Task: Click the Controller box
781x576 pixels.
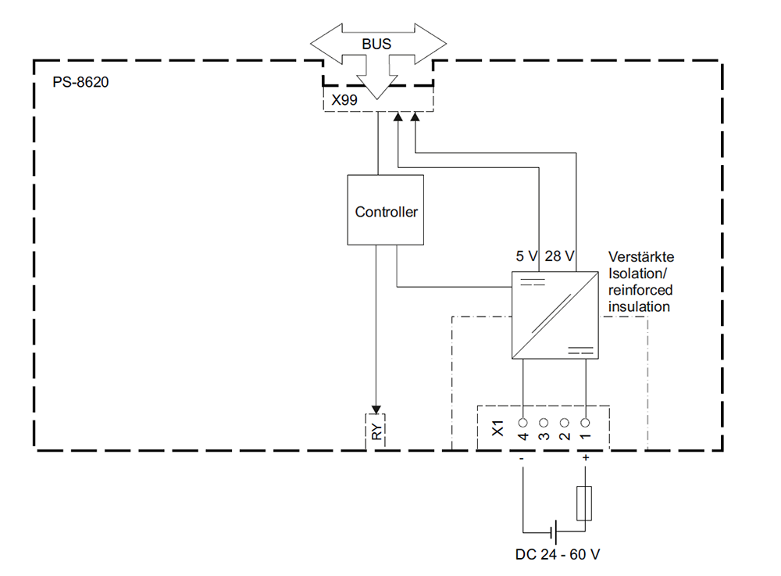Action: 385,210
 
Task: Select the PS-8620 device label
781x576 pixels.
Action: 80,81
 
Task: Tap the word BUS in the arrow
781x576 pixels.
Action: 376,43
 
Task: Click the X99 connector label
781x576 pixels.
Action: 346,100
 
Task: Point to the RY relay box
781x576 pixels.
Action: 376,431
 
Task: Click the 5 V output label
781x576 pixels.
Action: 527,256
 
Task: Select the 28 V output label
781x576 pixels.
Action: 559,256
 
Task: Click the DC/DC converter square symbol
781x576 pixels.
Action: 555,316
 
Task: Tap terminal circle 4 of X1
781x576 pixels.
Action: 522,422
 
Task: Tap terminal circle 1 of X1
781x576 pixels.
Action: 585,422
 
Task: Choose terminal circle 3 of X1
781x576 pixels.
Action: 544,422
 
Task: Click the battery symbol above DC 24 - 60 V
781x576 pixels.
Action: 554,533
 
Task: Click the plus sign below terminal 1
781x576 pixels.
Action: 585,459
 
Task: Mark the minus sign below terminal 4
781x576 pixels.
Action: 522,459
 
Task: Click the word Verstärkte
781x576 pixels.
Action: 640,257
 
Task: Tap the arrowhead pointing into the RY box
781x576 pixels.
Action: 376,410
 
